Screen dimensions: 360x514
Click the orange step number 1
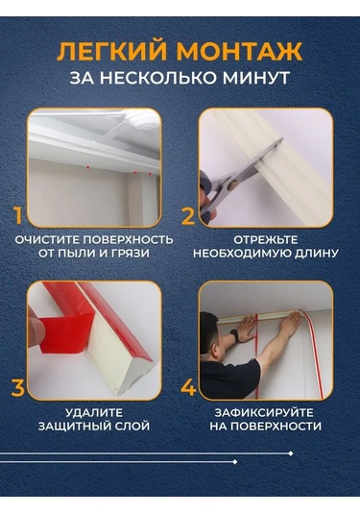18,215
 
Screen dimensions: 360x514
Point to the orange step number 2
188,215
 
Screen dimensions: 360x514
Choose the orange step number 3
17,387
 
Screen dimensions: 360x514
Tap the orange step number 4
188,387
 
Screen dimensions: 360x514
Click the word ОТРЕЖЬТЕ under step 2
266,239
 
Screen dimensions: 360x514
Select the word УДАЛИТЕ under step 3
94,412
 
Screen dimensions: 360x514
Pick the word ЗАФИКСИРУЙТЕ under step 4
264,412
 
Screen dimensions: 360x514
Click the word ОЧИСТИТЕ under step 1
46,240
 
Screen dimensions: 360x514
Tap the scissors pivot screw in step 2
233,184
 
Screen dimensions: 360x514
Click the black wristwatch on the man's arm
234,335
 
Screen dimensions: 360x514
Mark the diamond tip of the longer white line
291,453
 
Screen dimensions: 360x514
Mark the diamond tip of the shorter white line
234,462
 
